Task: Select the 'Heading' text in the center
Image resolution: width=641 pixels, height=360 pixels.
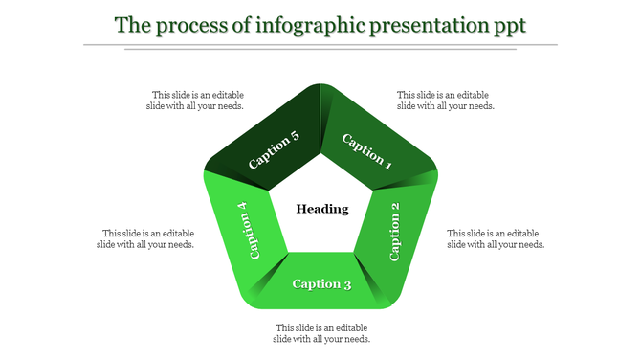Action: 322,209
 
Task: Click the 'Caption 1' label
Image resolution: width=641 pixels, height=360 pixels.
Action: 367,150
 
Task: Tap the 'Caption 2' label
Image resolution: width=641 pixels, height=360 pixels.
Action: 395,232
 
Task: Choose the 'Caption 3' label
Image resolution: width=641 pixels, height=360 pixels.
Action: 321,283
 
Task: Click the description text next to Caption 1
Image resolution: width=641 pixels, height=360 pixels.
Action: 445,101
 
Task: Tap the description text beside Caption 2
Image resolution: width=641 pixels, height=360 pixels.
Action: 496,238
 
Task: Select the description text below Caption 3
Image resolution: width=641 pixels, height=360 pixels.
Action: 321,333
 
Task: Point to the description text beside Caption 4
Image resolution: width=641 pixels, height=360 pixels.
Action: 146,238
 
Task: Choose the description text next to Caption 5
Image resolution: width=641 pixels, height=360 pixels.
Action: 197,101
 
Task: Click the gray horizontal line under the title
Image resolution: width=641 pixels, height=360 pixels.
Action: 320,44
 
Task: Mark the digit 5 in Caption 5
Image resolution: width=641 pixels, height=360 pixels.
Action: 295,136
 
